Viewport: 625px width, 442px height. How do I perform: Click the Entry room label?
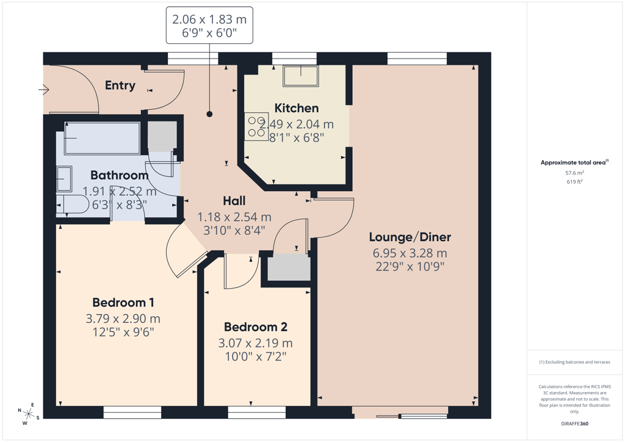tap(120, 85)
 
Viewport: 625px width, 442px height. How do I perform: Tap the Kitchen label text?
tap(297, 108)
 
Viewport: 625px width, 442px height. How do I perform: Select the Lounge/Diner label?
tap(410, 237)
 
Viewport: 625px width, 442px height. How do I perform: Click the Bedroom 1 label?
tap(123, 303)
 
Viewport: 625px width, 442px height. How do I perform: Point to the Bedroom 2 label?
tap(256, 327)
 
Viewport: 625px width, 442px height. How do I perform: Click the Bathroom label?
tap(119, 175)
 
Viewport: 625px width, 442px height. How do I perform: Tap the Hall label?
tap(234, 200)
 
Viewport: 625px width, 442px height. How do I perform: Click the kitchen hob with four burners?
tap(256, 127)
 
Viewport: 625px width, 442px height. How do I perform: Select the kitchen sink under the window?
tap(300, 76)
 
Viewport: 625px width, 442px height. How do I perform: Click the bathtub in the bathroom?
tap(102, 138)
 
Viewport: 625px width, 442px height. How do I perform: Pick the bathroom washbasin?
tap(63, 179)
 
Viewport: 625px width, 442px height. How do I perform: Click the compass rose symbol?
tap(28, 414)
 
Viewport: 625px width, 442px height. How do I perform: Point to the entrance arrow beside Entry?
tap(43, 90)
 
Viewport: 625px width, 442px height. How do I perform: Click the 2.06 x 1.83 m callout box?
tap(209, 25)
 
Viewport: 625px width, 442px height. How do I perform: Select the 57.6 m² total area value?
tap(574, 173)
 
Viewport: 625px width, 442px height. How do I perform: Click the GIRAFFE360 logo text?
tap(574, 424)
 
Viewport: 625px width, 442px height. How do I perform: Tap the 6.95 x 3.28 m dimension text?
tap(410, 253)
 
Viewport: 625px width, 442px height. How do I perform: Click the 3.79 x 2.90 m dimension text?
tap(123, 319)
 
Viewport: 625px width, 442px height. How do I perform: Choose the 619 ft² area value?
tap(574, 182)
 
